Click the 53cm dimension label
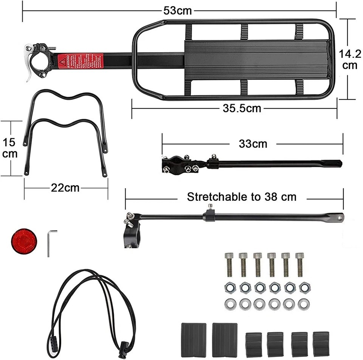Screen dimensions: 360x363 click(177, 11)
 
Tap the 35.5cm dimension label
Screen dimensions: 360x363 click(242, 109)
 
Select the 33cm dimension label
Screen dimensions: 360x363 click(253, 144)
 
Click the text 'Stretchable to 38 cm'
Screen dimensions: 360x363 click(242, 197)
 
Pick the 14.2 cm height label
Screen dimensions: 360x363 click(349, 59)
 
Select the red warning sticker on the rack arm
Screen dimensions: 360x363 click(80, 61)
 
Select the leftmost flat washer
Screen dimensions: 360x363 click(229, 304)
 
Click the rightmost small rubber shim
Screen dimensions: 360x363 click(321, 344)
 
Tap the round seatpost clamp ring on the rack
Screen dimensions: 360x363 click(41, 61)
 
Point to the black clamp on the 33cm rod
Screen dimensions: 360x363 click(176, 164)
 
